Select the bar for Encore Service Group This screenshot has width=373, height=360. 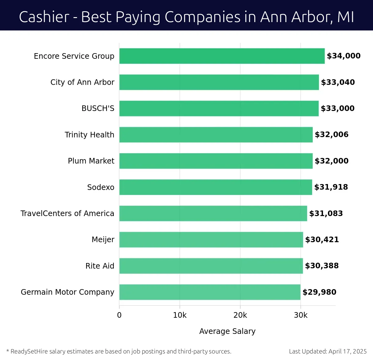[x=222, y=56]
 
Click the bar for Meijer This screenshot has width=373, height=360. [x=211, y=240]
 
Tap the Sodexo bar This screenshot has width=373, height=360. [x=215, y=187]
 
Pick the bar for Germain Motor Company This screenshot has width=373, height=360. [x=210, y=292]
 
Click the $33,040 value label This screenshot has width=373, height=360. [x=338, y=82]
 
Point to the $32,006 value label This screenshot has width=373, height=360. [x=332, y=135]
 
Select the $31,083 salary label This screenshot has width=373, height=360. [x=326, y=214]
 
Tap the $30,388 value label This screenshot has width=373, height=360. [x=322, y=266]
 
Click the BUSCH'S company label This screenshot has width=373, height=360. [x=98, y=108]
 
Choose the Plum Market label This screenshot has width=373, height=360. [x=91, y=161]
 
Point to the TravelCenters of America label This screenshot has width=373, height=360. [x=67, y=214]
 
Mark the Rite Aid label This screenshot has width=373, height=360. [x=100, y=266]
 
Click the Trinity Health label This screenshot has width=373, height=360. [x=90, y=135]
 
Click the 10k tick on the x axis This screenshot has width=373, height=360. [x=180, y=315]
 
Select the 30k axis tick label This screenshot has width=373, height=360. [x=301, y=315]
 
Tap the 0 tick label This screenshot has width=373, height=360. [x=119, y=315]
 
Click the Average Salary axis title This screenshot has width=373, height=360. [x=227, y=331]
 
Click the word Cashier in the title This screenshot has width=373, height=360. [x=44, y=17]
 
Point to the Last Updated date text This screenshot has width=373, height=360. [x=328, y=352]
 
